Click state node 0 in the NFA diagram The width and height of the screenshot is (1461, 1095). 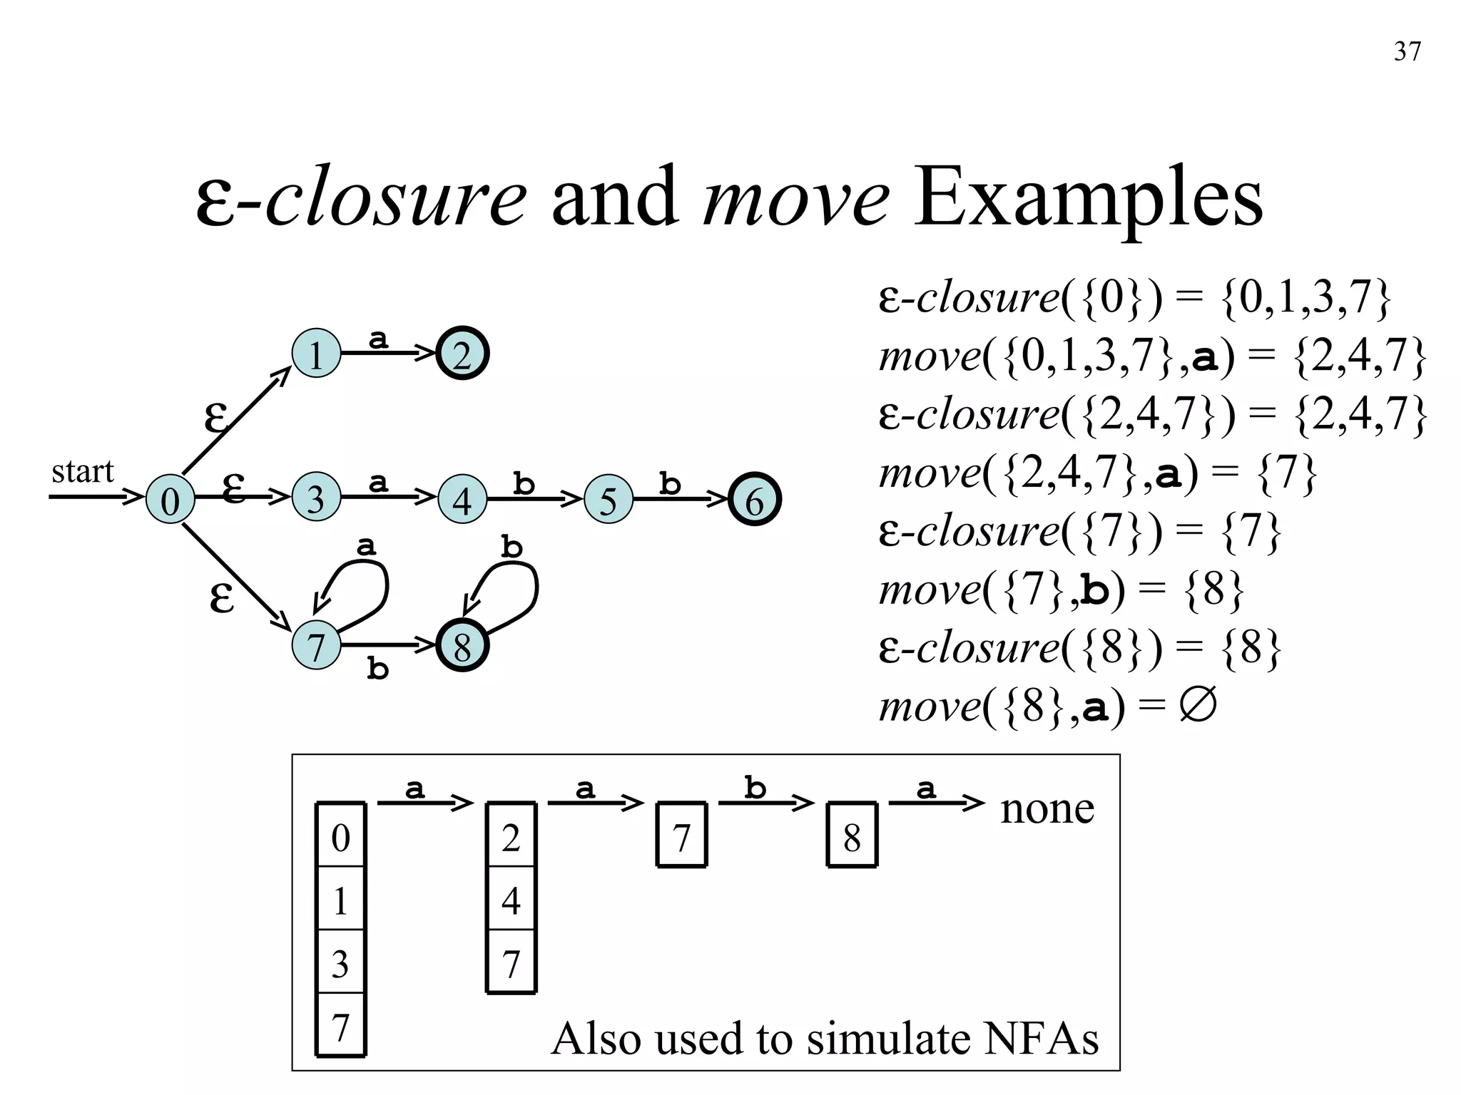click(170, 500)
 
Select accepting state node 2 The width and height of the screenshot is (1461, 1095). click(462, 354)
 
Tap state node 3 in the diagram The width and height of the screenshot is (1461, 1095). click(316, 498)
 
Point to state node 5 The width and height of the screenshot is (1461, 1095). click(608, 500)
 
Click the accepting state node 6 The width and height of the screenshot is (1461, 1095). click(755, 500)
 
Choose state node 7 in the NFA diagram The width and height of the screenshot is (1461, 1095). click(316, 646)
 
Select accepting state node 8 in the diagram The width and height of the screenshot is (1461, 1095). click(462, 647)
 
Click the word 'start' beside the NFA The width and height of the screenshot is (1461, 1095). click(83, 471)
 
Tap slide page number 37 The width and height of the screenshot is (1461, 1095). click(1407, 52)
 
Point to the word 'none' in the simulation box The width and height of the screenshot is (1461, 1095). click(1047, 808)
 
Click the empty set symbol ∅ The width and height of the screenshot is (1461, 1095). click(1198, 706)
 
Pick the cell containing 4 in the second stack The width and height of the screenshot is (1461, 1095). click(511, 900)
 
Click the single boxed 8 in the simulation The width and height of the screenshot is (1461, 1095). click(852, 837)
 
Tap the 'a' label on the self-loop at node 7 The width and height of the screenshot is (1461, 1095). click(366, 547)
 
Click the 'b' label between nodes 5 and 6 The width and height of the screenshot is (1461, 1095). click(669, 484)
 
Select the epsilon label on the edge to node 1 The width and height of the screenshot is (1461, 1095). click(216, 417)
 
